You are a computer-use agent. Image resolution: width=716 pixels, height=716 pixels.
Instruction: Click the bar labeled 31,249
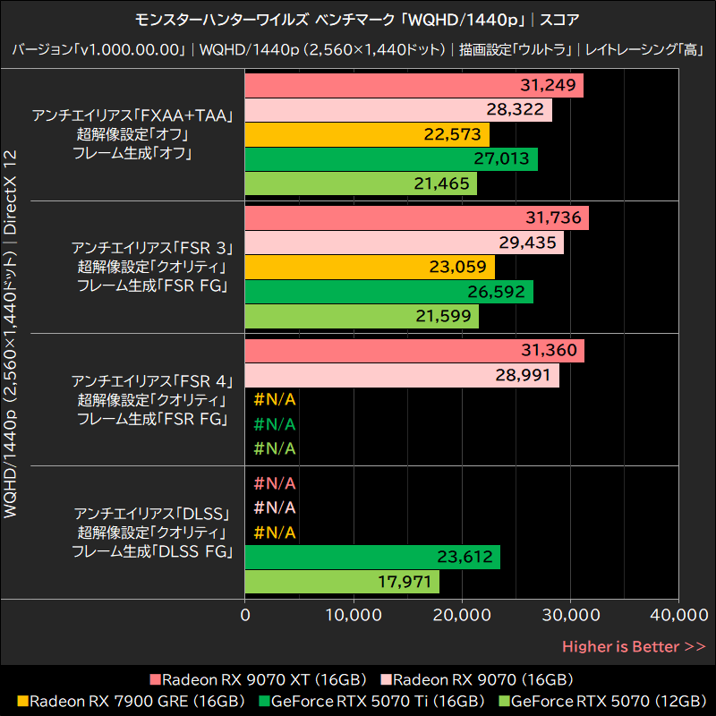(413, 86)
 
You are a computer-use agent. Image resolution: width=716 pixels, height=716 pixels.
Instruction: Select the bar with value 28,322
(397, 110)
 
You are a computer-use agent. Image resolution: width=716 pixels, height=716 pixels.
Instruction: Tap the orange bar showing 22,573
(367, 134)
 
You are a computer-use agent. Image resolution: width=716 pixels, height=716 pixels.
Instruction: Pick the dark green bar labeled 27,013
(391, 159)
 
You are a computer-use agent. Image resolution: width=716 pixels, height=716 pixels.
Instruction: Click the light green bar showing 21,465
(361, 183)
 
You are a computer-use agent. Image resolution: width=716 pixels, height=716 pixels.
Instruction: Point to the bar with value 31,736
(416, 218)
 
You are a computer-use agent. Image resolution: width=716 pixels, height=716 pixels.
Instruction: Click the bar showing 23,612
(372, 557)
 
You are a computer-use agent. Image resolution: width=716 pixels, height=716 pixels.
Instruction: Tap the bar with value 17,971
(342, 581)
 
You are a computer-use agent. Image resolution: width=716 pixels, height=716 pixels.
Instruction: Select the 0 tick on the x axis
(245, 615)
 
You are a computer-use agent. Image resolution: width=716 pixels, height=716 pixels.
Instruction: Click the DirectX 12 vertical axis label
(12, 193)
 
